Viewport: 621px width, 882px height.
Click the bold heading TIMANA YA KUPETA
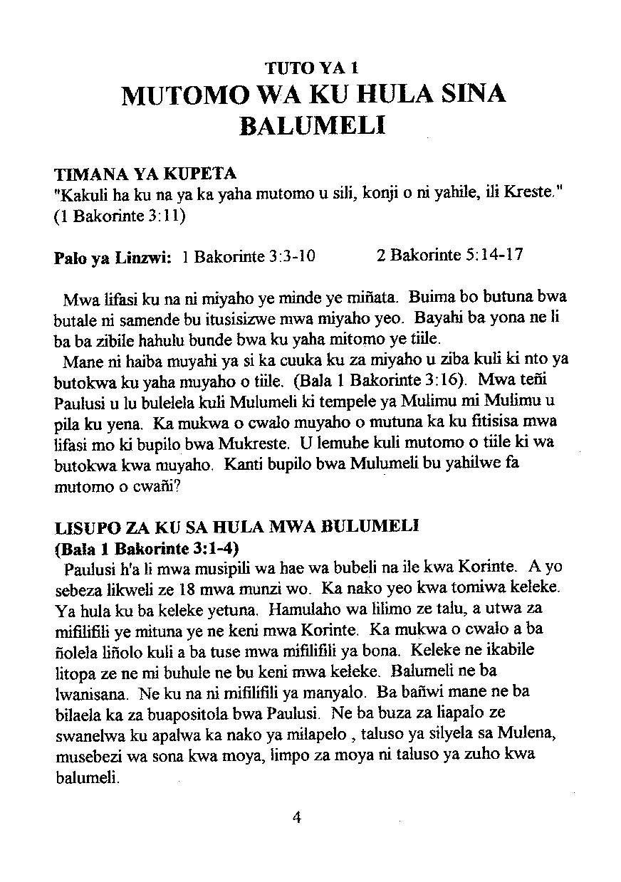coord(145,174)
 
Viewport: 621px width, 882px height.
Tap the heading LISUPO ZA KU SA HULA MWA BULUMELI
coord(236,527)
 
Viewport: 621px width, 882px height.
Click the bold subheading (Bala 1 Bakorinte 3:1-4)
coord(147,549)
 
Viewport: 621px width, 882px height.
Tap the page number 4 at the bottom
coord(297,817)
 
